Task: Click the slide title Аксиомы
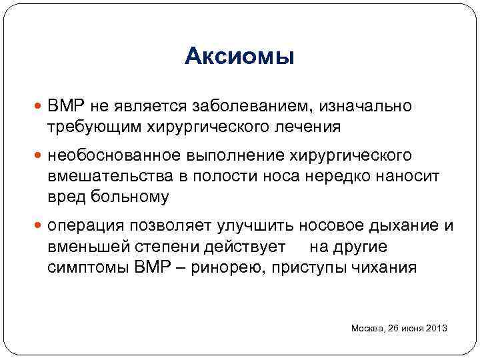tap(239, 57)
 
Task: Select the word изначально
tap(366, 107)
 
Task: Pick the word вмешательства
tap(95, 176)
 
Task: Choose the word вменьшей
tap(80, 247)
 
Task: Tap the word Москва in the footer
tap(366, 329)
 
